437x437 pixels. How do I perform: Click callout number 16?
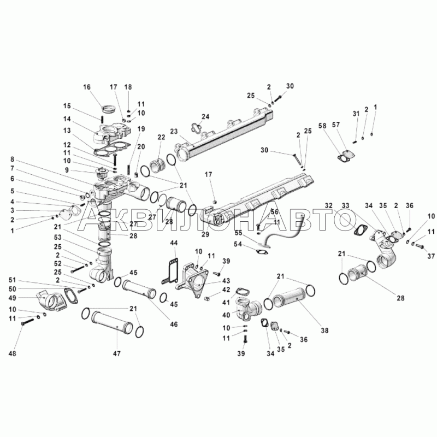pyautogui.click(x=87, y=87)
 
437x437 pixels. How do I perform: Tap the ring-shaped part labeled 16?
pyautogui.click(x=109, y=108)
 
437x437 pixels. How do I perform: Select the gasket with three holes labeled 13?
pyautogui.click(x=112, y=147)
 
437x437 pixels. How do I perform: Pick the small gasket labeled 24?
pyautogui.click(x=197, y=128)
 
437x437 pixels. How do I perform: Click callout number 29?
pyautogui.click(x=205, y=234)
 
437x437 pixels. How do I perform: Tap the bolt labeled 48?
pyautogui.click(x=27, y=323)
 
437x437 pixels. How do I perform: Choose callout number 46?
pyautogui.click(x=174, y=324)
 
